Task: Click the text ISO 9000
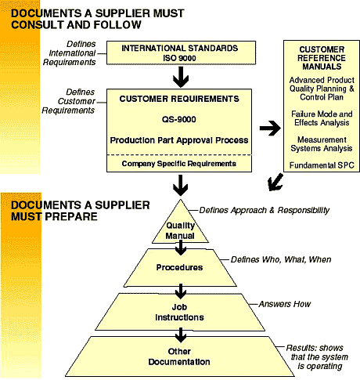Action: coord(179,58)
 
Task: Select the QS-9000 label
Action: coord(179,119)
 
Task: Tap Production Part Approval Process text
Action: coord(179,140)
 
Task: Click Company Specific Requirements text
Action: coord(179,164)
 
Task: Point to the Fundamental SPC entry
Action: coord(322,165)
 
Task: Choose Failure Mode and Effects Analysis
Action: coord(322,118)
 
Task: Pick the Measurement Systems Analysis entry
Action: coord(322,144)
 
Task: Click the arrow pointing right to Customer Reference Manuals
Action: coord(270,128)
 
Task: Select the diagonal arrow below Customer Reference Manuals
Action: coord(275,182)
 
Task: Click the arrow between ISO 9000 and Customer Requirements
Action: coord(181,77)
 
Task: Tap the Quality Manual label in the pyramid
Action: coord(180,230)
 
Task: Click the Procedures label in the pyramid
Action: coord(179,267)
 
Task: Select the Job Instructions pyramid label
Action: coord(179,312)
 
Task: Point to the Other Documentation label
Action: coord(179,356)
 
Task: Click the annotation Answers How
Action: coord(285,304)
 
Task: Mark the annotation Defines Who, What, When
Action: coord(281,259)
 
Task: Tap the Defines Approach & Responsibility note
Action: coord(265,210)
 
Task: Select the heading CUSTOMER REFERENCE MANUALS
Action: coord(322,58)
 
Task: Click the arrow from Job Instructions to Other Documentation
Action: coord(181,335)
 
